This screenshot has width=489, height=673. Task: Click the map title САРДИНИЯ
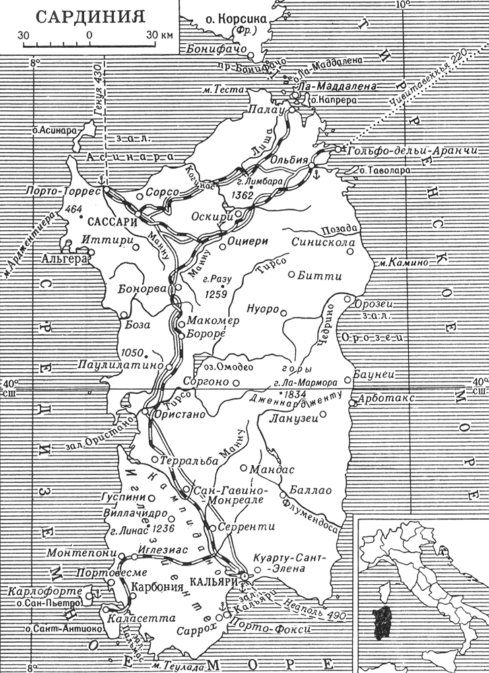pyautogui.click(x=88, y=14)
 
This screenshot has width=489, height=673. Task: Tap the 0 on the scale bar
pyautogui.click(x=89, y=34)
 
